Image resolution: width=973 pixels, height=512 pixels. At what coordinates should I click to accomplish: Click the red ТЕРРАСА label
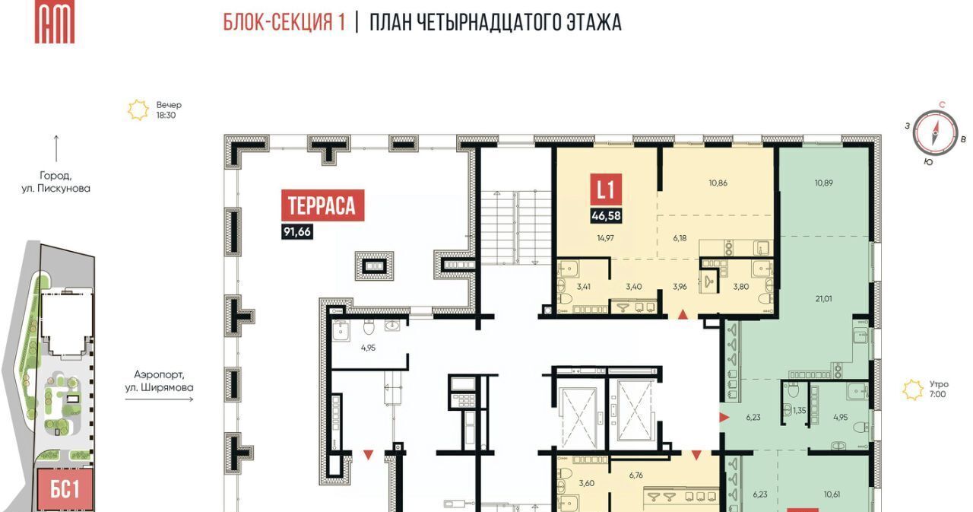(x=323, y=205)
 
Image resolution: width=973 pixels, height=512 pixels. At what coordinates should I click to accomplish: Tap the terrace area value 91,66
(x=297, y=232)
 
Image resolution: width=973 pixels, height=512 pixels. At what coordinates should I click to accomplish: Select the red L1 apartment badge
(x=606, y=189)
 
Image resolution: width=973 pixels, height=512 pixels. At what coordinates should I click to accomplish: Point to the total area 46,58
(x=606, y=215)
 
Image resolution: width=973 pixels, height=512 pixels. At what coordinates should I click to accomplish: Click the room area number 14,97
(x=605, y=238)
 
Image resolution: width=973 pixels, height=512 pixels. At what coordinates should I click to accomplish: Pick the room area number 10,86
(x=718, y=183)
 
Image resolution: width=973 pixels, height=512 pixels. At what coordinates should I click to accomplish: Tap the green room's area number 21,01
(x=823, y=298)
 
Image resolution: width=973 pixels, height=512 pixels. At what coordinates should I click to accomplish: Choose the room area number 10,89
(x=823, y=183)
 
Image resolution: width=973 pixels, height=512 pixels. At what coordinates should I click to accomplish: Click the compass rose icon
(x=935, y=133)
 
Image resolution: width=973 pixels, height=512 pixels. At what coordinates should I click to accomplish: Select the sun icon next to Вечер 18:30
(x=138, y=110)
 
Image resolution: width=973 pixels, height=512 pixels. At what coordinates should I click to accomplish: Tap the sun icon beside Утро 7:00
(x=913, y=390)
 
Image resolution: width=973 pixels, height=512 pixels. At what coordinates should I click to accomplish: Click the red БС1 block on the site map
(x=65, y=490)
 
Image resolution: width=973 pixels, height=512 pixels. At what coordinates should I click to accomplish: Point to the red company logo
(x=55, y=22)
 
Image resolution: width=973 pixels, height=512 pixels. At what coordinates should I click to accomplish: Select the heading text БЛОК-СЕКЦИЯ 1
(x=284, y=22)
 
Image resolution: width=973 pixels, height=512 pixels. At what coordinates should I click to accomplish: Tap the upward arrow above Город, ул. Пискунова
(x=56, y=148)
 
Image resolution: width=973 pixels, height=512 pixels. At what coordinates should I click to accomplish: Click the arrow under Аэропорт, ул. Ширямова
(x=160, y=399)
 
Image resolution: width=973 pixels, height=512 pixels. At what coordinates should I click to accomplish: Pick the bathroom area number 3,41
(x=583, y=287)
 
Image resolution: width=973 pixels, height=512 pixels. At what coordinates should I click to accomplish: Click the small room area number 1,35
(x=799, y=410)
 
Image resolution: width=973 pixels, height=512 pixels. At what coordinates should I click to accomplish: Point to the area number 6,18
(x=680, y=238)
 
